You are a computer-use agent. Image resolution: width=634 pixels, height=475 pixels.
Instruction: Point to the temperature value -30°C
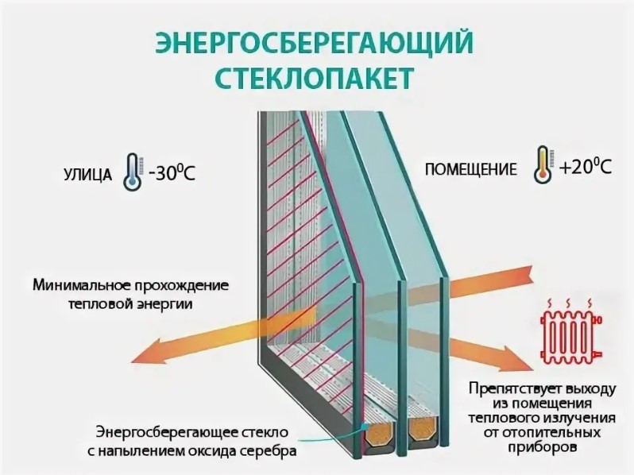(x=170, y=171)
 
